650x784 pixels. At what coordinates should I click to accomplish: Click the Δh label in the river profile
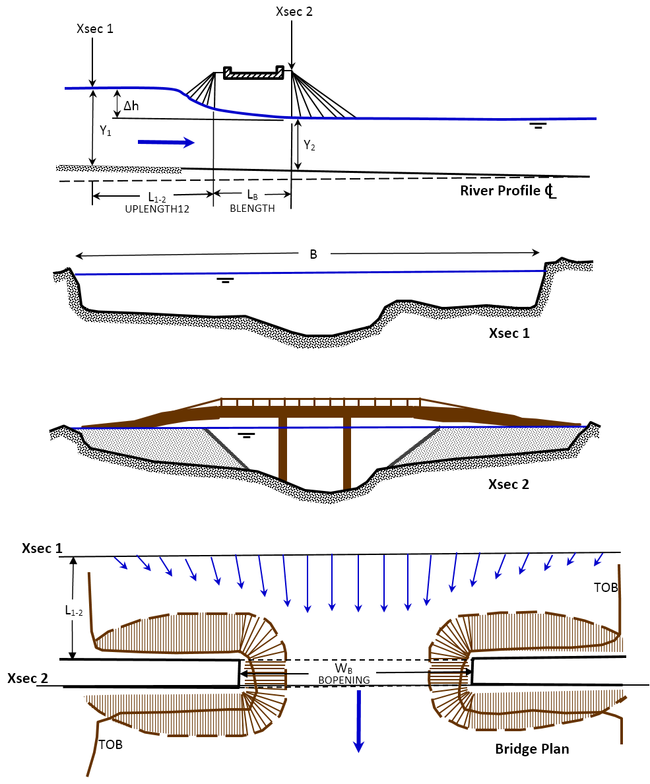point(131,105)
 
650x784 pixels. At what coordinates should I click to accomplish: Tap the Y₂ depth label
point(309,146)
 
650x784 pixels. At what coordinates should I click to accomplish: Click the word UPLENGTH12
point(152,208)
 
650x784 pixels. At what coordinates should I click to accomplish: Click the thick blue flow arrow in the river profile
point(166,142)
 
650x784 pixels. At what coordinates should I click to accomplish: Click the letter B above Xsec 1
point(313,255)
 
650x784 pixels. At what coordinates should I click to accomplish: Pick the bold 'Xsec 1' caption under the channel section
point(509,333)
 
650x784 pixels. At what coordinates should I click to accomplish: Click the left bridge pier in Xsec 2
point(283,449)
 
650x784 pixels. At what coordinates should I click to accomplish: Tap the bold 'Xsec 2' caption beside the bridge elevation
point(508,484)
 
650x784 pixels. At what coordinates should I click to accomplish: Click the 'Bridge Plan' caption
point(532,749)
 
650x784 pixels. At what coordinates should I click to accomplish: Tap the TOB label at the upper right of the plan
point(606,588)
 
